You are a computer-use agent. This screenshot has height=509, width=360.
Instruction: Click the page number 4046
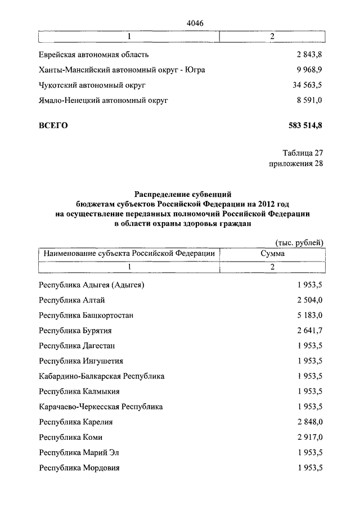tap(194, 22)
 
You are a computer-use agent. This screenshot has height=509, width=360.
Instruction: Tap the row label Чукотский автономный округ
tap(92, 85)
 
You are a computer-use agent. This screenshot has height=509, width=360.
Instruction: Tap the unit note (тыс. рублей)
tap(299, 242)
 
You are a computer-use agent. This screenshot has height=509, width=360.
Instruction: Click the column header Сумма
tap(272, 254)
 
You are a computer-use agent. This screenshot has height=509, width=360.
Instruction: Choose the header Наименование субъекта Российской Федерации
tap(129, 254)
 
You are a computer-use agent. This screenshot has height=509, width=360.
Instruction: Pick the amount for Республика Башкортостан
tap(308, 316)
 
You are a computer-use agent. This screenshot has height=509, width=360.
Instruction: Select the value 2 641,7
tap(308, 331)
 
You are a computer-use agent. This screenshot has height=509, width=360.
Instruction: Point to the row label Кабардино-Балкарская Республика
tap(102, 376)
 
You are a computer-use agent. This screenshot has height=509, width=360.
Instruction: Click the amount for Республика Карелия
tap(308, 422)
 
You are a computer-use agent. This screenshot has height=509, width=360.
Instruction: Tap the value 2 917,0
tap(308, 437)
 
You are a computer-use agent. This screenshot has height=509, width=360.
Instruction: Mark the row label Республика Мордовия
tap(79, 467)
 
